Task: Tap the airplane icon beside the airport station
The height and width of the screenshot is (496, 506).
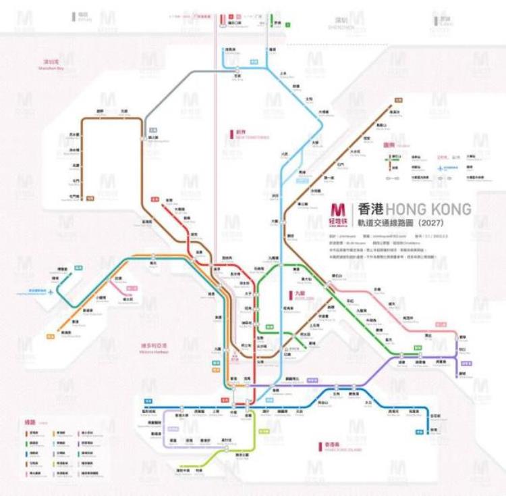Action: click(52, 291)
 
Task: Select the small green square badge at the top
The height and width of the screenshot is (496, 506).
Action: click(287, 25)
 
